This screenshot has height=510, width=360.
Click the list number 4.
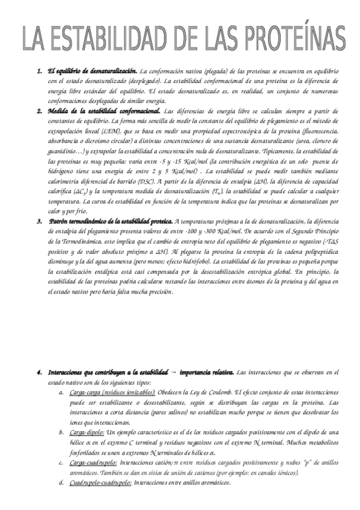tap(39, 373)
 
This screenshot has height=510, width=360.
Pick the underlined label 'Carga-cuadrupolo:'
tap(93, 463)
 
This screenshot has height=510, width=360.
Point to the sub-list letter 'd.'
tap(61, 483)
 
